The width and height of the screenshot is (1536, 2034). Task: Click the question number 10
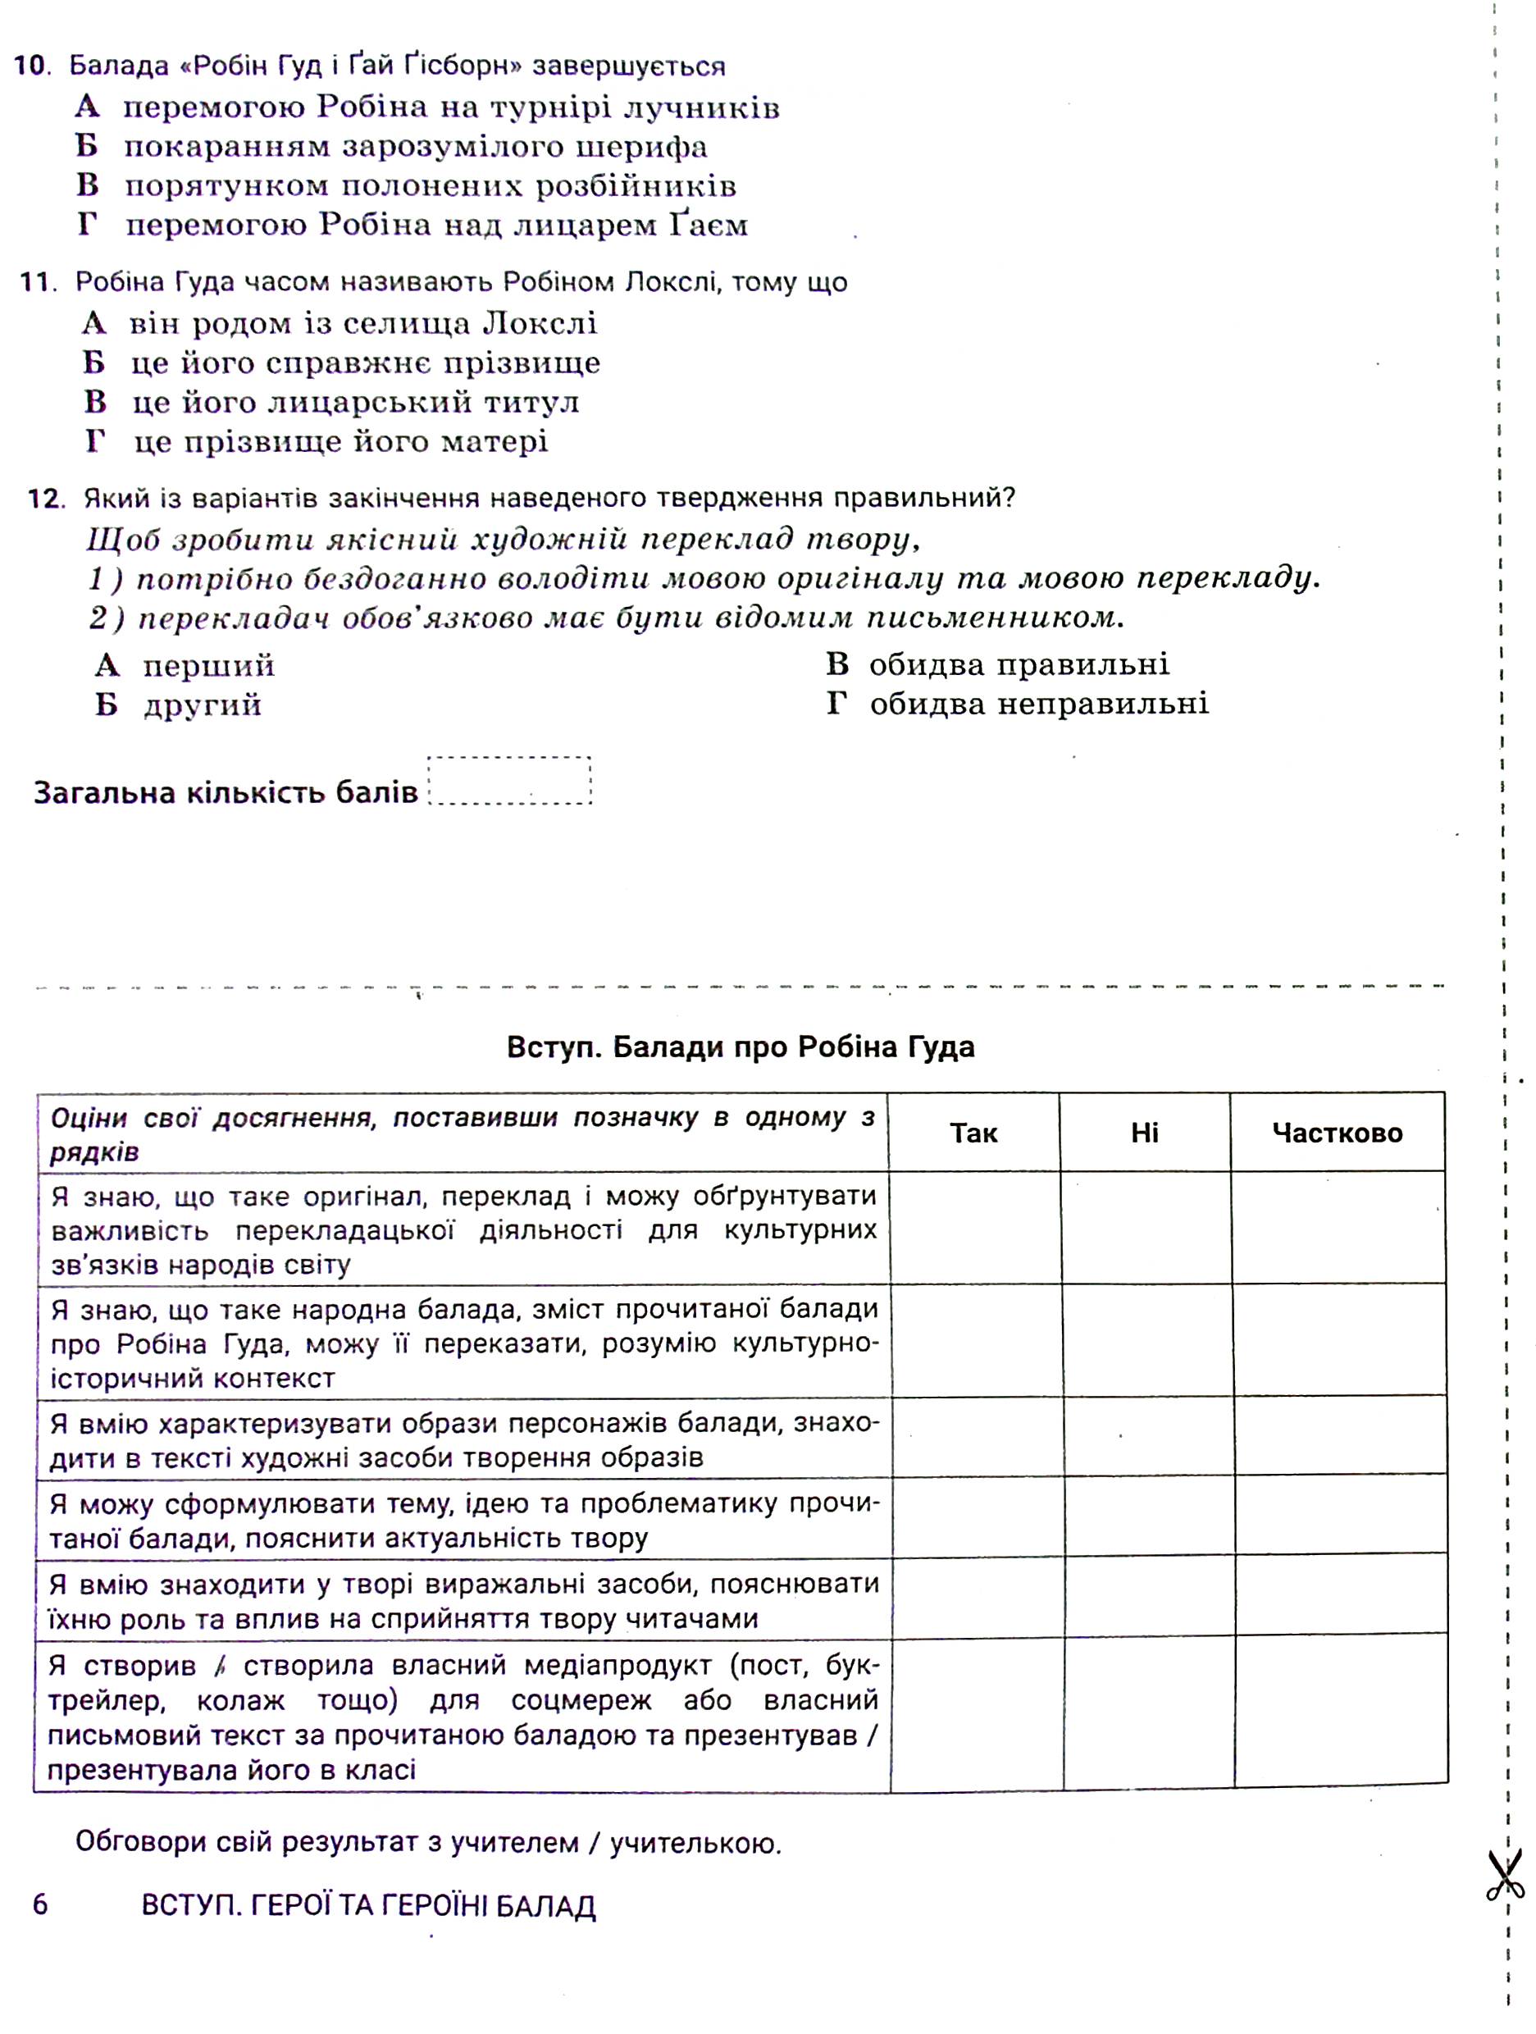click(30, 66)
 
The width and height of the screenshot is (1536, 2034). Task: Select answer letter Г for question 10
click(86, 225)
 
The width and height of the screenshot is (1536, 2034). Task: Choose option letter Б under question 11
click(93, 363)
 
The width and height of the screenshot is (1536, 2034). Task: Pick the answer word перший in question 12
click(208, 666)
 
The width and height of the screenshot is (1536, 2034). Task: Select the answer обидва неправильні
click(1039, 705)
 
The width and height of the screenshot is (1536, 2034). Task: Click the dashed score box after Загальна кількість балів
click(509, 782)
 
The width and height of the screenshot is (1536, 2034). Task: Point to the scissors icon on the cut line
click(1504, 1876)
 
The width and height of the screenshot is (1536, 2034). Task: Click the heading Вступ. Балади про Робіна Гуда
click(740, 1047)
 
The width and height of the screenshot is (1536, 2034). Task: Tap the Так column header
click(973, 1133)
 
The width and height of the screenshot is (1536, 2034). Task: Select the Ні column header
click(1145, 1133)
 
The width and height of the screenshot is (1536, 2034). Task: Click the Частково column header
click(1338, 1133)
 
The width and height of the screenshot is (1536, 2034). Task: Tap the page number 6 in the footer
click(40, 1904)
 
